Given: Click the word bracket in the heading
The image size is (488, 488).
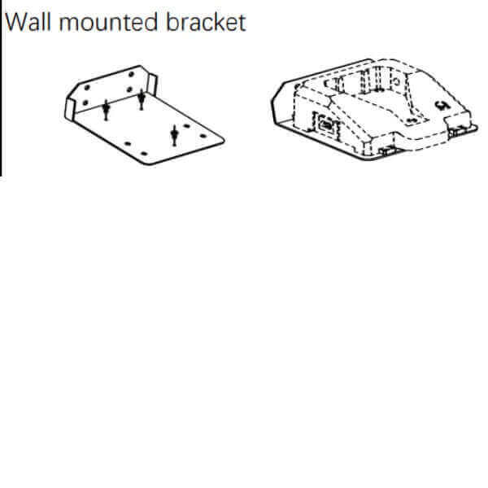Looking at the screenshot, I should [x=204, y=22].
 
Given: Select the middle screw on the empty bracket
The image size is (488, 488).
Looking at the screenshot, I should [x=142, y=99].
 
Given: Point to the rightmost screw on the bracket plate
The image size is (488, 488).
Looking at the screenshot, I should [x=173, y=134].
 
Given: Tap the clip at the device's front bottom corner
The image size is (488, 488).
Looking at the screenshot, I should [x=385, y=150].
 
